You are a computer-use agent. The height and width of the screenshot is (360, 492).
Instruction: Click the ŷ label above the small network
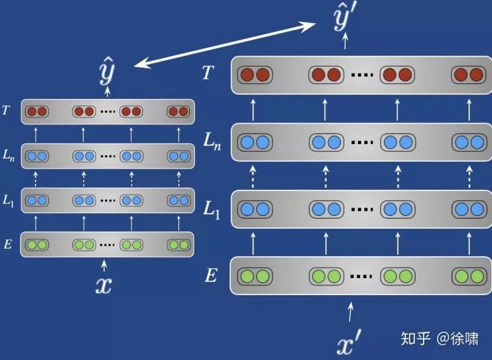[x=107, y=70]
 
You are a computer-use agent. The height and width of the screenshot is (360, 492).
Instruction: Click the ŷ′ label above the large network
[x=345, y=20]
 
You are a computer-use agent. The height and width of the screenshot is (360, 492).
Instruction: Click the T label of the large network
[x=208, y=72]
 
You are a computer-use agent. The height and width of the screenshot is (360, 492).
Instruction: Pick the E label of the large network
[x=211, y=276]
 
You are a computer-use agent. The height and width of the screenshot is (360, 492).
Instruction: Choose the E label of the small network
[x=8, y=244]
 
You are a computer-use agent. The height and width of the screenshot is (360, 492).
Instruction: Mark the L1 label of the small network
[x=8, y=200]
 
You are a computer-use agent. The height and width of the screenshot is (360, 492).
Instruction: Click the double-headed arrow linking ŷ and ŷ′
[x=225, y=44]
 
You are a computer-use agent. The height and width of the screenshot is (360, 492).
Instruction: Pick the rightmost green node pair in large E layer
[x=469, y=277]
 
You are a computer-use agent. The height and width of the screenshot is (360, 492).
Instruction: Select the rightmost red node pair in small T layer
[x=178, y=111]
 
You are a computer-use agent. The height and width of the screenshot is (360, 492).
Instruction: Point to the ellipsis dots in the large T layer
[x=362, y=74]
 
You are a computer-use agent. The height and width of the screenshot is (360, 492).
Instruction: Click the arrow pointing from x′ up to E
[x=351, y=312]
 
